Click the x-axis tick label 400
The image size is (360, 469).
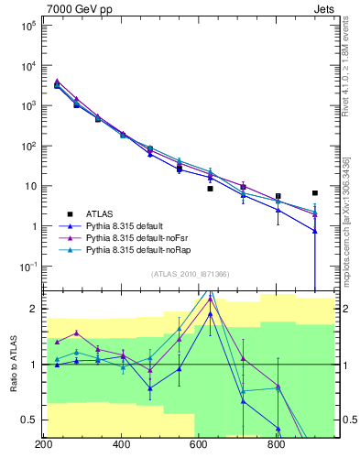tap(121, 445)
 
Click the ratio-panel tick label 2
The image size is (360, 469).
tap(33, 309)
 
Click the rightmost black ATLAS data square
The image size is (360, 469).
tap(314, 193)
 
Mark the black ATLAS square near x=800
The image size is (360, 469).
tap(278, 196)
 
